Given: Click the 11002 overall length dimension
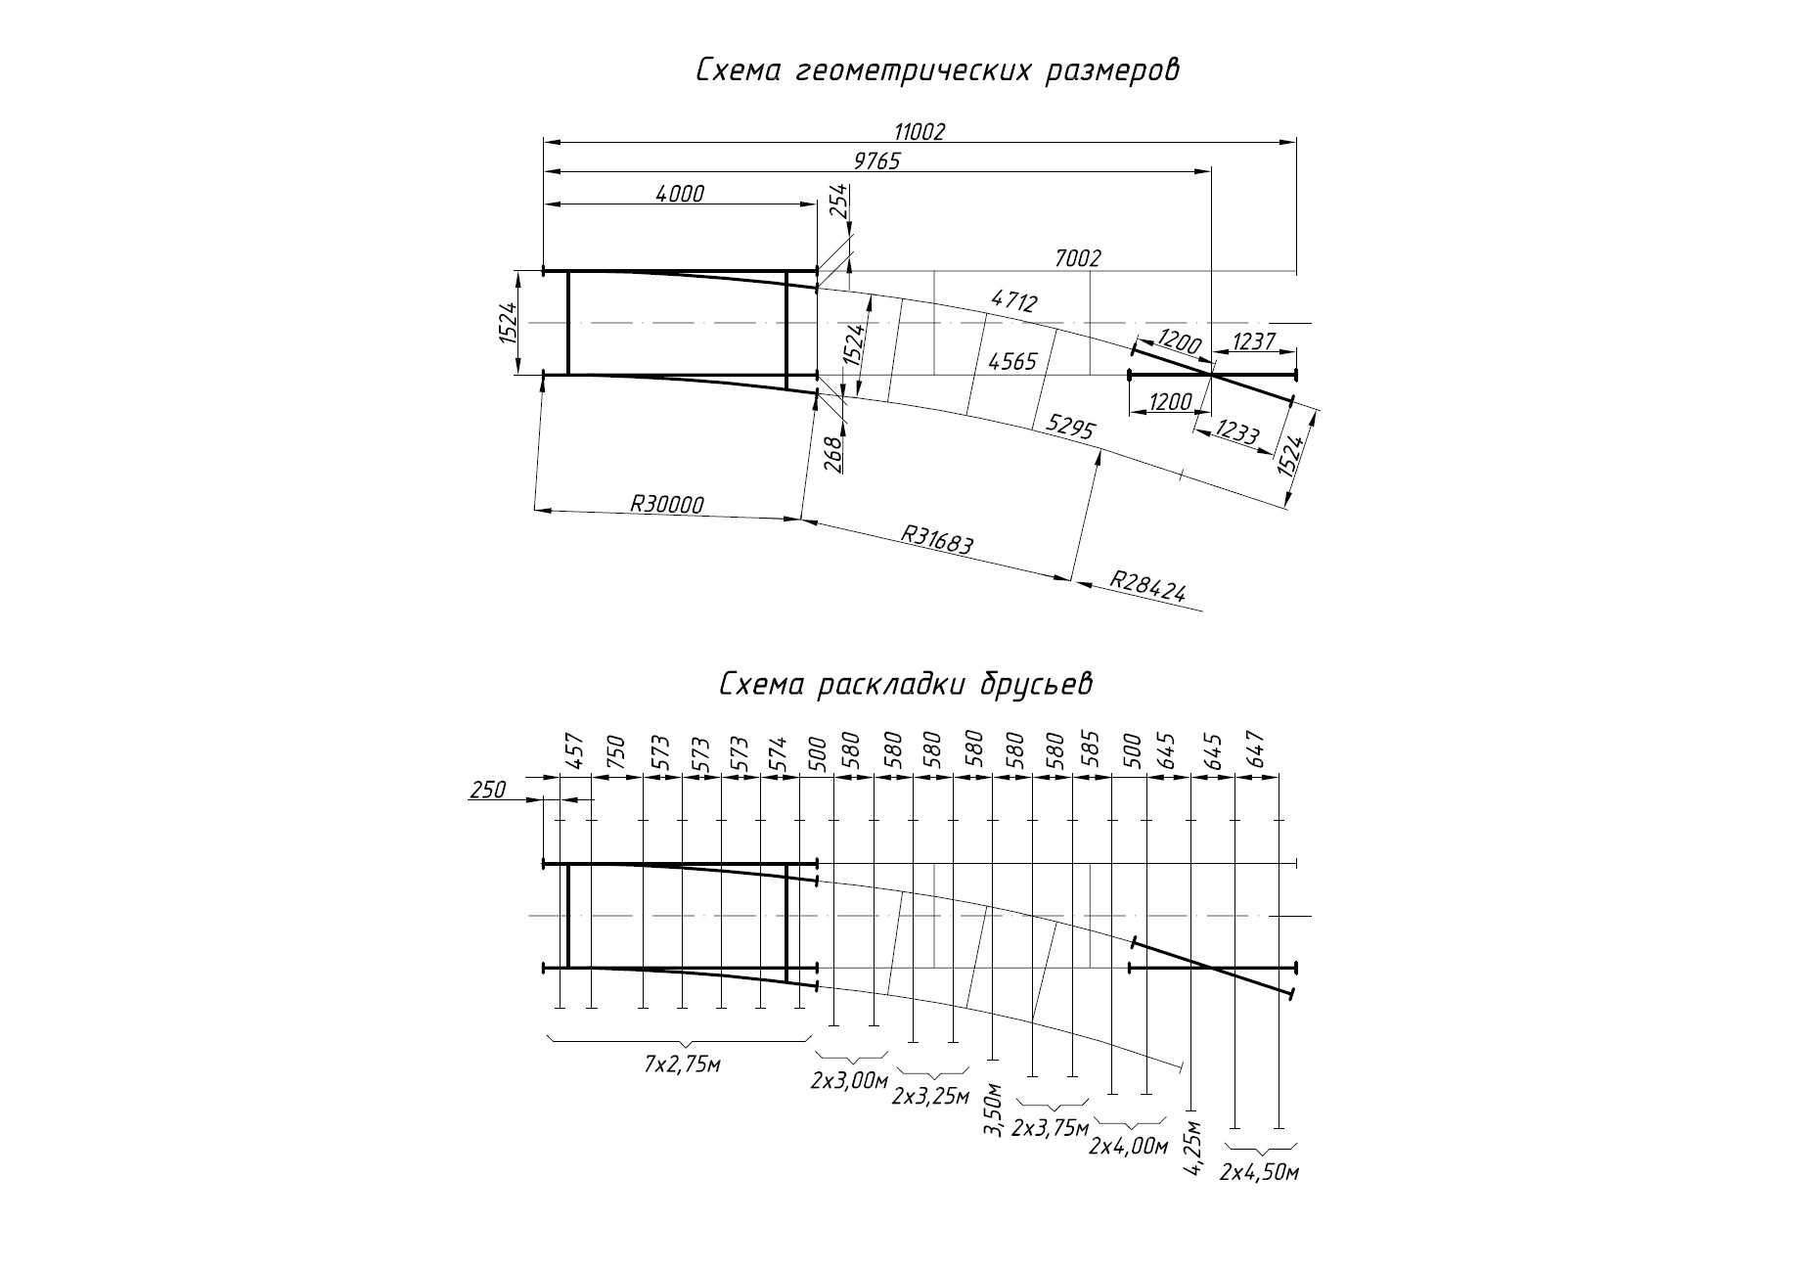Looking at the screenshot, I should [x=920, y=132].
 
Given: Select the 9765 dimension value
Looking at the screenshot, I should [x=876, y=161].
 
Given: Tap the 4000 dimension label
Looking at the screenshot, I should [x=679, y=194].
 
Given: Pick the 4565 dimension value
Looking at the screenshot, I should [x=1012, y=362].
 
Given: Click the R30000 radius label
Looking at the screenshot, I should [x=666, y=504].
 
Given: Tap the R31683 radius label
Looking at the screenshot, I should [x=936, y=539].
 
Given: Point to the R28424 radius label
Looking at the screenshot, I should [x=1147, y=585].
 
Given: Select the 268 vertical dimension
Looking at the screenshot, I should [x=833, y=454].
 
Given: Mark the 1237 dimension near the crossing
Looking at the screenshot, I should [x=1254, y=341].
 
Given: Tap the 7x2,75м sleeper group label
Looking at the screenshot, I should [x=682, y=1064].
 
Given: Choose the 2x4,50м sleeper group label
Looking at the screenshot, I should [x=1259, y=1172].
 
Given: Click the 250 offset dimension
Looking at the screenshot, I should [x=487, y=790].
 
